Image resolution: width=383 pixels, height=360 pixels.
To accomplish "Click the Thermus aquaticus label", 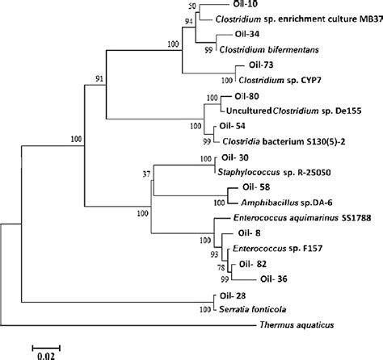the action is (297, 325).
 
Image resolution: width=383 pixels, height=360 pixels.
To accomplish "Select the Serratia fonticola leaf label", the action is (253, 309).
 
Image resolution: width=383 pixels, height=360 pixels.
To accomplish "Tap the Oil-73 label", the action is (261, 65).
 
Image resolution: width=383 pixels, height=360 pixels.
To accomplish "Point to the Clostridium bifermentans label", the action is (269, 50).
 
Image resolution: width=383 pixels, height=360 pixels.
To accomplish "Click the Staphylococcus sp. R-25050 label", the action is (274, 172).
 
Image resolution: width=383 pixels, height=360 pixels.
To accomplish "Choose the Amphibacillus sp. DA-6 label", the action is (287, 203).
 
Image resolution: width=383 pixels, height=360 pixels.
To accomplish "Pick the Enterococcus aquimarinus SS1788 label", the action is (302, 218).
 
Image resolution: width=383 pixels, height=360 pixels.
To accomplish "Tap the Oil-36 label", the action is (274, 279).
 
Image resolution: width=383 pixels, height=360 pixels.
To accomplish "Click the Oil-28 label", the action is (233, 296).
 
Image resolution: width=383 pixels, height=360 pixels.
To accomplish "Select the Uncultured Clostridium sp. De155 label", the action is (294, 111).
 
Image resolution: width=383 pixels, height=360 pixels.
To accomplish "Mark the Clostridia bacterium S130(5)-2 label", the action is (284, 141).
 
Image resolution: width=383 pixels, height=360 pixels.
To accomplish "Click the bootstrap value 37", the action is (146, 174).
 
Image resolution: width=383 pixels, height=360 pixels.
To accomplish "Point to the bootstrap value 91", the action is (99, 79).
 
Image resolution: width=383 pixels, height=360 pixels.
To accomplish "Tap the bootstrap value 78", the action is (221, 267).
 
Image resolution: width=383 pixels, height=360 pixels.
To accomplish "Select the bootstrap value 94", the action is (189, 21).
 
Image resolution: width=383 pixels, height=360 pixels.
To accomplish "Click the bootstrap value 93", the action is (214, 254).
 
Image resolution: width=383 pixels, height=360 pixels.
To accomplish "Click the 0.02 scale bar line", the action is (46, 348).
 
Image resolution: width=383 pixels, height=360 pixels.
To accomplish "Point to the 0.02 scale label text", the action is (46, 356).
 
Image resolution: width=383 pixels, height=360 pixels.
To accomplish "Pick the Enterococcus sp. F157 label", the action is (278, 249).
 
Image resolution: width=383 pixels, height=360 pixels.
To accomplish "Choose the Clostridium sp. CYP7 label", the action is (280, 80).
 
